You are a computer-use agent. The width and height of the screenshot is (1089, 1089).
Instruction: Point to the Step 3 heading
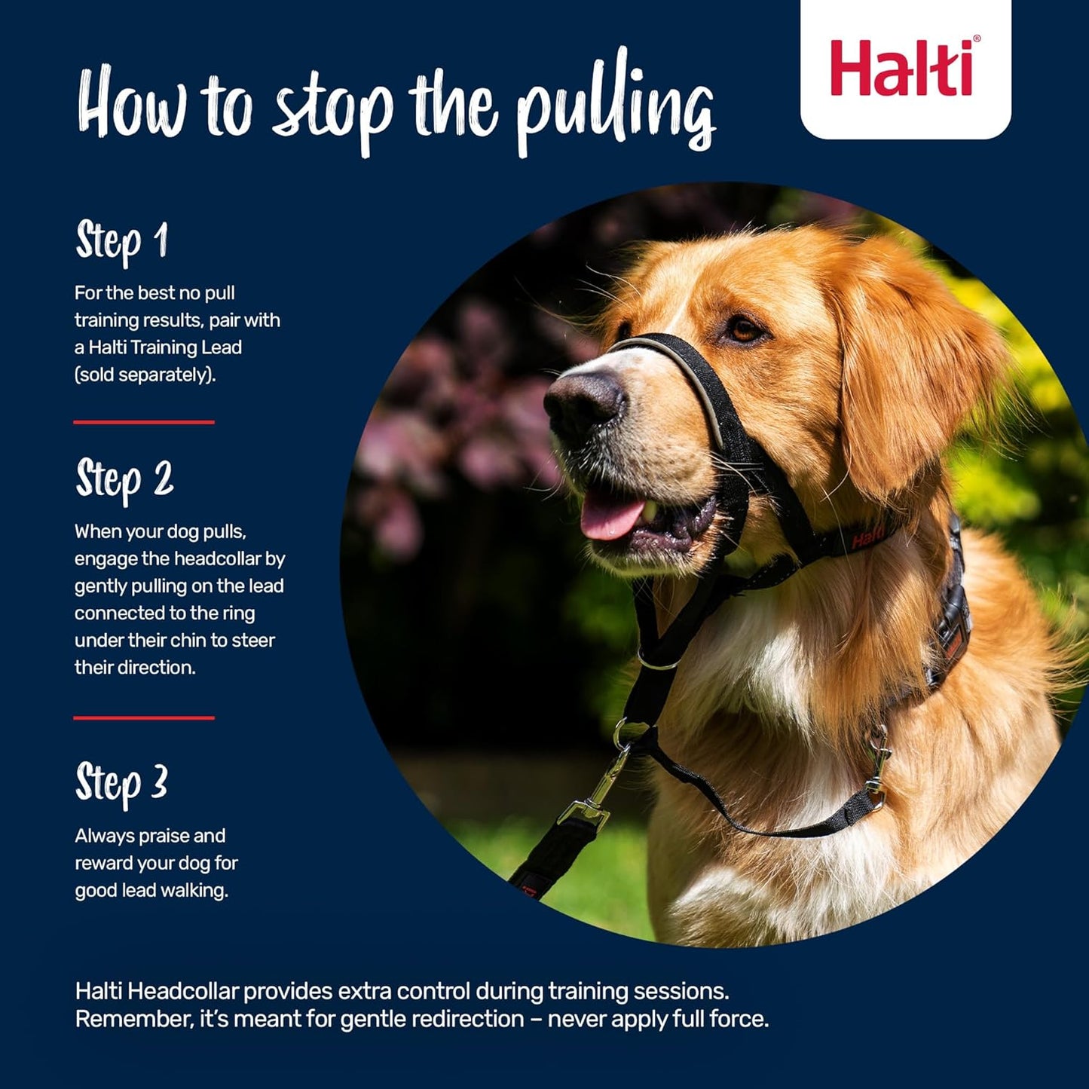[121, 783]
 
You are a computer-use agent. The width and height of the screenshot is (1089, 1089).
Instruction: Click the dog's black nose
[584, 403]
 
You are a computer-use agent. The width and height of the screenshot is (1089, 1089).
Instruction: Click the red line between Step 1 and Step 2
[144, 422]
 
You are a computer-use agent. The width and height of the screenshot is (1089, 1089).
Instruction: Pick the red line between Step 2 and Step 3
[144, 718]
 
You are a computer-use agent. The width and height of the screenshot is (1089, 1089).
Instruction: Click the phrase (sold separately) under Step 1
[145, 375]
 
